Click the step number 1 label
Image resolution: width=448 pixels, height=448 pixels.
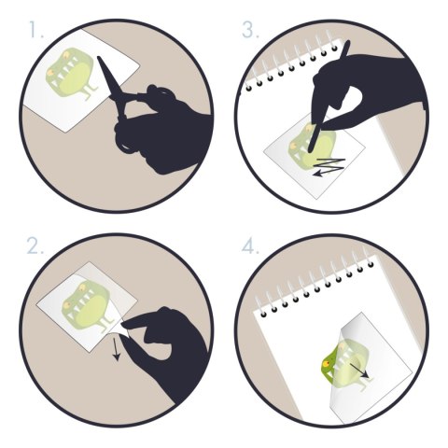point(36,30)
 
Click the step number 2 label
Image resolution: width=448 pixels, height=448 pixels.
point(35,245)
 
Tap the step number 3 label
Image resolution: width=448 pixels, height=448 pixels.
point(250,30)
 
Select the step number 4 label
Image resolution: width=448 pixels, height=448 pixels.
point(250,246)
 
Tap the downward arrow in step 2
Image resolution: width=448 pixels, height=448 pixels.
point(116,349)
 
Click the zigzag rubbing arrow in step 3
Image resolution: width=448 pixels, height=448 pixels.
point(329,167)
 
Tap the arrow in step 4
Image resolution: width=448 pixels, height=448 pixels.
point(359,371)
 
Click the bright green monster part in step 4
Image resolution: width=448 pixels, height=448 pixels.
point(329,367)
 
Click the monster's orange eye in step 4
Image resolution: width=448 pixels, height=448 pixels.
point(327,363)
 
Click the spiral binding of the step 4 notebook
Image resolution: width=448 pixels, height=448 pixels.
point(315,285)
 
